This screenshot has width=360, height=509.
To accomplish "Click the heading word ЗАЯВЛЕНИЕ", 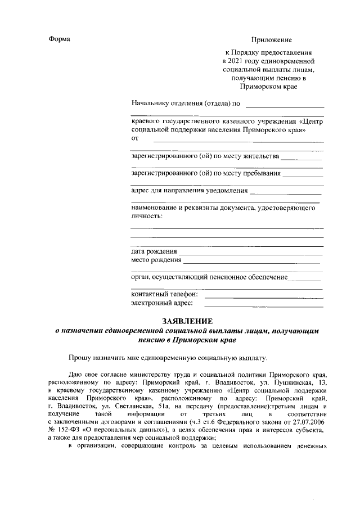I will [x=186, y=321].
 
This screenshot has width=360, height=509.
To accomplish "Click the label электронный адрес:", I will [x=162, y=304].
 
